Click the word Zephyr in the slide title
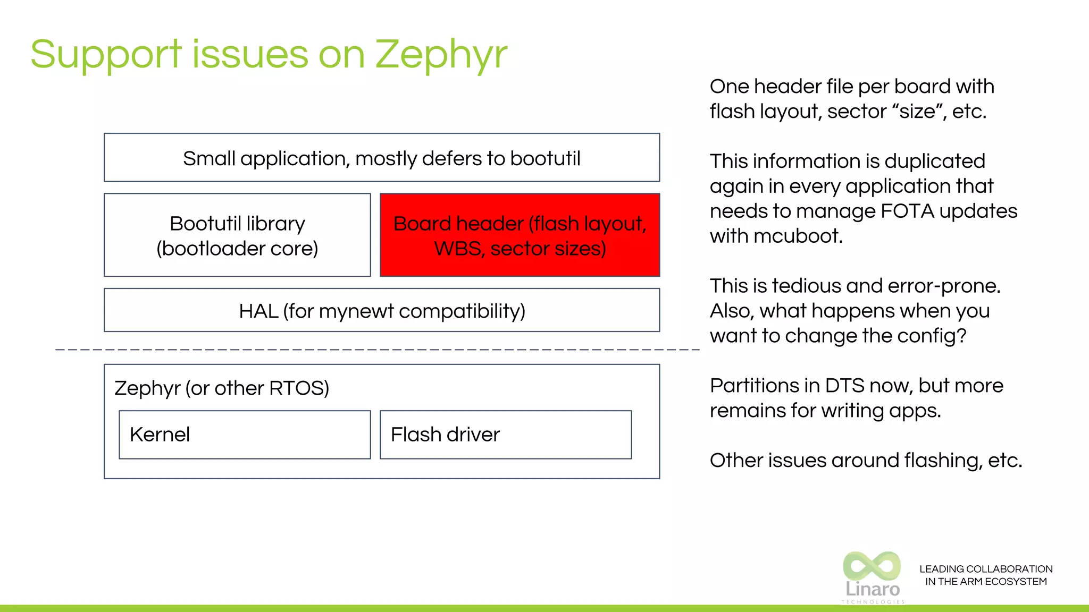point(441,55)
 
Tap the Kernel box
point(245,435)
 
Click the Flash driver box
point(505,435)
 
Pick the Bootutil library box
point(237,235)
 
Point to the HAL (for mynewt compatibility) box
point(382,311)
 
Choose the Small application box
point(382,158)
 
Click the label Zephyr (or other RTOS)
point(222,388)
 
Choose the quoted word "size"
point(917,112)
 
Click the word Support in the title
point(106,55)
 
